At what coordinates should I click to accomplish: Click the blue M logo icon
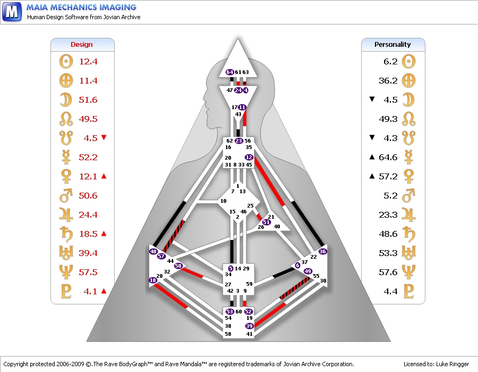(12, 12)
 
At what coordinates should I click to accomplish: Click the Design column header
(82, 45)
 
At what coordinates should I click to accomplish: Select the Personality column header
(392, 45)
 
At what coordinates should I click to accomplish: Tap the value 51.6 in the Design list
(88, 100)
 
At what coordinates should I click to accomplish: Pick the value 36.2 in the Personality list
(390, 80)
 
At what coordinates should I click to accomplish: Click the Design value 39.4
(88, 253)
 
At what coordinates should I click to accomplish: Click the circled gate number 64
(230, 72)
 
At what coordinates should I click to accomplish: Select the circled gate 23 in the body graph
(239, 141)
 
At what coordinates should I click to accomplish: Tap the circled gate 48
(153, 251)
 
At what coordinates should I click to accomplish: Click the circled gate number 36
(322, 251)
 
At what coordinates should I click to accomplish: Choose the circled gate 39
(250, 326)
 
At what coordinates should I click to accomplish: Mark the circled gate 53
(230, 311)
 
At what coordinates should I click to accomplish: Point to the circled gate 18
(153, 280)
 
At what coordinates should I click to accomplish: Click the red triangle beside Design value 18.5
(104, 233)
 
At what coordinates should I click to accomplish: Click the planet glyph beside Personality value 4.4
(408, 291)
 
